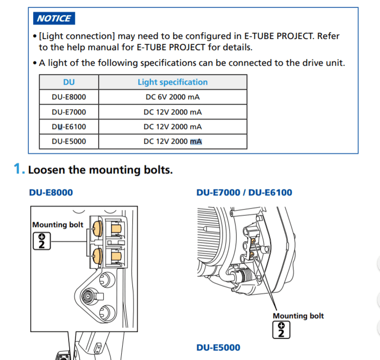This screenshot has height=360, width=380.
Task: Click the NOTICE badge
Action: tap(54, 19)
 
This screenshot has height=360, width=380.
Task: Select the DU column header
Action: tap(69, 82)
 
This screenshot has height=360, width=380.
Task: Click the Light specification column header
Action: tap(172, 82)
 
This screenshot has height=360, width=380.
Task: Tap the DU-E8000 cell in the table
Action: tap(69, 96)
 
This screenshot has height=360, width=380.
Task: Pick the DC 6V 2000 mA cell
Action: tap(172, 96)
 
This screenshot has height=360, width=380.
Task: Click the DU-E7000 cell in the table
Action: tap(69, 112)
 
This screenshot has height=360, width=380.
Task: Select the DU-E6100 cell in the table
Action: tap(69, 127)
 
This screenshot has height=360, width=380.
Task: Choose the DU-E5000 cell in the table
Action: tap(69, 141)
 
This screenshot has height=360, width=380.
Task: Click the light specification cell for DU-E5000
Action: tap(172, 141)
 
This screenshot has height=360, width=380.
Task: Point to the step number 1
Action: tap(18, 170)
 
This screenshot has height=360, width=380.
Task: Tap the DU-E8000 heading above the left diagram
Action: tap(51, 192)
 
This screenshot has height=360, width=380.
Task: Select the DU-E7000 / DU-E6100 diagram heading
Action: tap(244, 192)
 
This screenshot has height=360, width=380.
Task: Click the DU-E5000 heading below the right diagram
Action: tap(218, 347)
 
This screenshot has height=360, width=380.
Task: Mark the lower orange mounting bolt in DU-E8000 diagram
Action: tap(96, 254)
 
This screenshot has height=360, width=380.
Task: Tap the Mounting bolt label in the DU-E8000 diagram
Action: tap(57, 225)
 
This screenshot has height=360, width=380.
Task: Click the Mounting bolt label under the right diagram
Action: tap(298, 316)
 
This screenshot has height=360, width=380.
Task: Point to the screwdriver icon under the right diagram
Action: tap(281, 330)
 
